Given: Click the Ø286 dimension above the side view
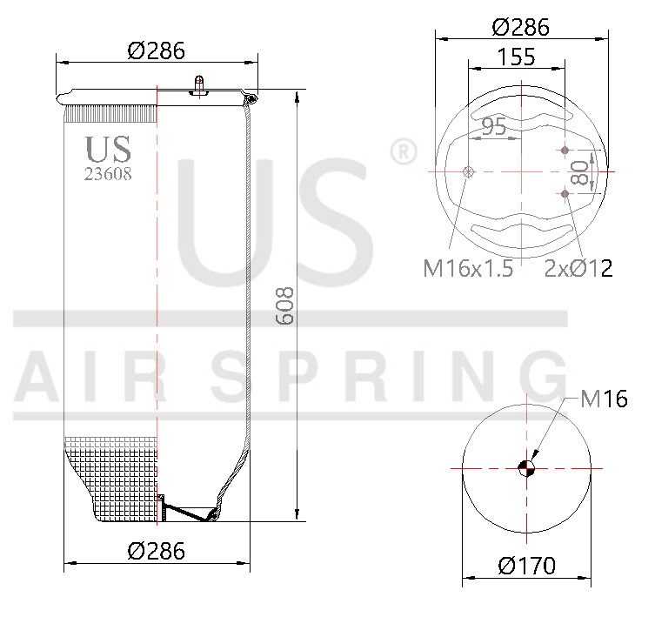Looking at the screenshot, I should pos(157,50).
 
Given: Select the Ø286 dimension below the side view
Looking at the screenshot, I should pos(157,550).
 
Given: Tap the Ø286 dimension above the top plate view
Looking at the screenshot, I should pos(520,27).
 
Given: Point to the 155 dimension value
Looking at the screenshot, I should pos(517,58).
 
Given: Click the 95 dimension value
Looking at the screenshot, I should pos(493,127).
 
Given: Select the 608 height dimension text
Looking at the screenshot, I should pos(285,306).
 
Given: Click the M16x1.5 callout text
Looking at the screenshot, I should pos(468,268).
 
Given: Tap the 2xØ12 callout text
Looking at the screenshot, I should pos(578,268).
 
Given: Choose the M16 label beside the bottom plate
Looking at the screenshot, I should pos(604,400).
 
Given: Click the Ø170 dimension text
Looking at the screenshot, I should pos(527,567).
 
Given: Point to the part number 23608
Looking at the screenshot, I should pos(108,173).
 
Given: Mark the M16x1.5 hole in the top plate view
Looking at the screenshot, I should pos(469,172).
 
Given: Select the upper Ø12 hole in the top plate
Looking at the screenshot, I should pos(566,151).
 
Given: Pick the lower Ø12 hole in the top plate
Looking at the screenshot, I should pos(566,193).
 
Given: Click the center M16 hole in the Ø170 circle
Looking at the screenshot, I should pos(526,467).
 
